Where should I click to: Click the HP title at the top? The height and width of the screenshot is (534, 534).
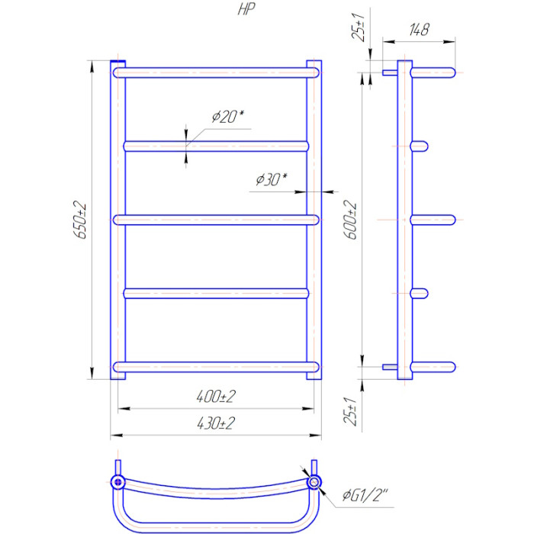coord(246,9)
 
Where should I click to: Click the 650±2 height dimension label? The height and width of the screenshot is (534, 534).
coord(79,220)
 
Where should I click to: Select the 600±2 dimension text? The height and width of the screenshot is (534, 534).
coord(350,220)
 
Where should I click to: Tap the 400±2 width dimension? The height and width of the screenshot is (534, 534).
coord(216,397)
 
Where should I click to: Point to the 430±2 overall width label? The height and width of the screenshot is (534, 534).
coord(216,423)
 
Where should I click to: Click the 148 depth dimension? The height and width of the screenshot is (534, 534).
coord(419,30)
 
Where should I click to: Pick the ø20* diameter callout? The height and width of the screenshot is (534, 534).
coord(228,117)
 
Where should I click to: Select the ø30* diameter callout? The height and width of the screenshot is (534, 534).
coord(272,179)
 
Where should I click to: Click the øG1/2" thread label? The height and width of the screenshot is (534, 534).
coord(365,495)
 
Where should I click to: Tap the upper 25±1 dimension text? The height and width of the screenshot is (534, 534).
coord(359,27)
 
